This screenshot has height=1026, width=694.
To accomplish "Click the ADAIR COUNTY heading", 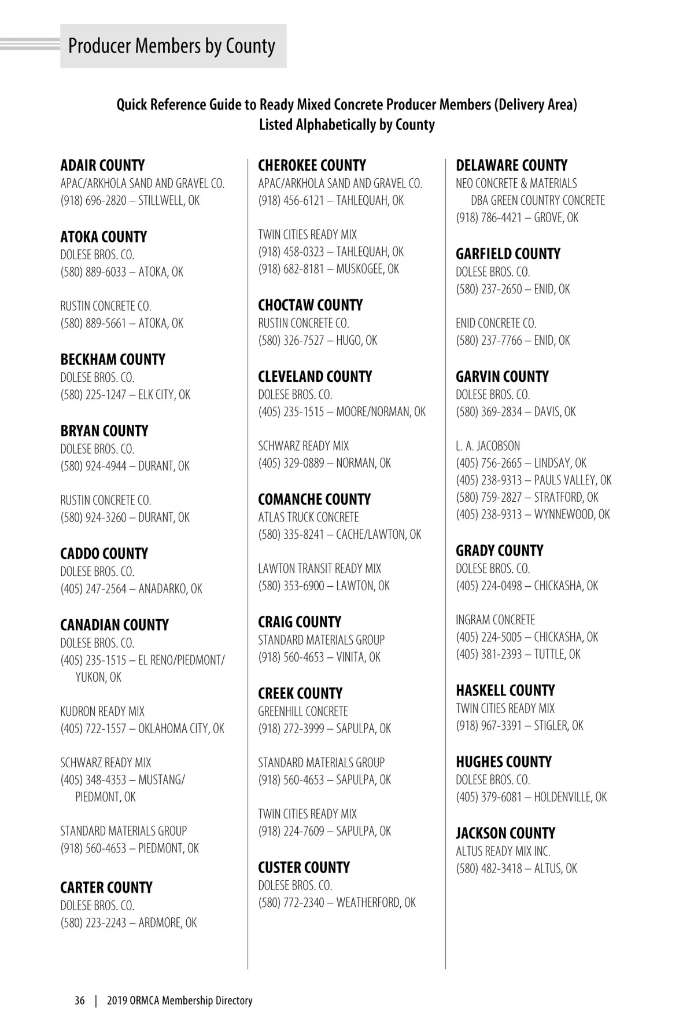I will (102, 166).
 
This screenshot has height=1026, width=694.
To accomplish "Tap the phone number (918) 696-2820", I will (93, 201).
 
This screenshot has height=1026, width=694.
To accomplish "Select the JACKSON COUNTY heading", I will (505, 833).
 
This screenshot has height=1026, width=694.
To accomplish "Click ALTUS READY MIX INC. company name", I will (503, 851).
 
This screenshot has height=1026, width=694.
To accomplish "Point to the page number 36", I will (80, 1001).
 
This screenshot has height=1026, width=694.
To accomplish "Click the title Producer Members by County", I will (172, 46).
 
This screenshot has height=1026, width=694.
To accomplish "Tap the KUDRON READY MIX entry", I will (102, 711).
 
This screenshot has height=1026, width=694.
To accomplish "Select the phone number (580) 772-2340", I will (291, 903).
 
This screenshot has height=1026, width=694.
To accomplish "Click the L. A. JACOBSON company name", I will (488, 446).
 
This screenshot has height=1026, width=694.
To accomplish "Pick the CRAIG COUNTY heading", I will (300, 622).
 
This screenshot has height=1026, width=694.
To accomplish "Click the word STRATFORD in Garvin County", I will (559, 498).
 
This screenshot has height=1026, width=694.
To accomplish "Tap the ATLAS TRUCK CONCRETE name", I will (308, 517).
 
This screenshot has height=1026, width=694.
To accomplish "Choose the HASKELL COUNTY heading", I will (505, 690).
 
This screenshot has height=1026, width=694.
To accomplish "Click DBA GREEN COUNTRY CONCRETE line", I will (537, 201).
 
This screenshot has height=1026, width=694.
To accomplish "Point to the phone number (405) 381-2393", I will (489, 654).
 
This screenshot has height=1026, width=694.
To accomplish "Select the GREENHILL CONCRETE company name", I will (303, 711).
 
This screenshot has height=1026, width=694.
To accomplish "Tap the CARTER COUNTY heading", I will (106, 888).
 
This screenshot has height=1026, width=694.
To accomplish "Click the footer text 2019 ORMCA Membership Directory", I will (180, 1001).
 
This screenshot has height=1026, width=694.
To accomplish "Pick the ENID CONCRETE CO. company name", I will (496, 323).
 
